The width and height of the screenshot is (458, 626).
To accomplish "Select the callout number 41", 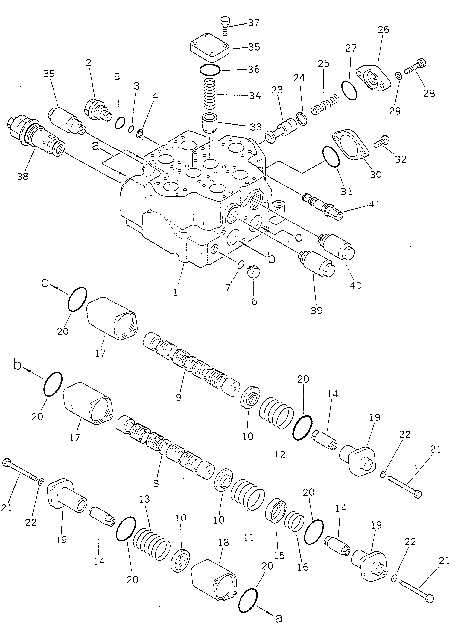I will pyautogui.click(x=374, y=204).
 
